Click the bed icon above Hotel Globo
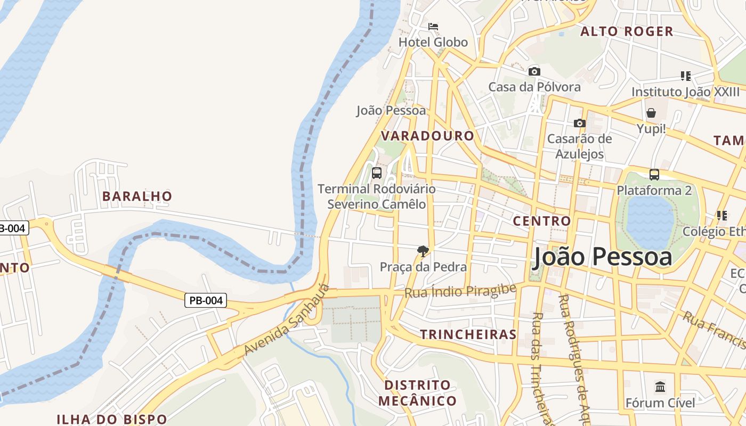[x=433, y=26]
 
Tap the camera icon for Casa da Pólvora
[x=534, y=71]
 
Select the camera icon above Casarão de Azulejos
[x=579, y=124]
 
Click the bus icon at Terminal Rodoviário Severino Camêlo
[x=376, y=173]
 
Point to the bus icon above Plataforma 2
[x=654, y=174]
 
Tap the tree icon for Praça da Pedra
[x=423, y=251]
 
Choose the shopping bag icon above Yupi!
[x=651, y=113]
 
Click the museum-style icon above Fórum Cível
[x=660, y=387]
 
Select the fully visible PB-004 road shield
[x=206, y=300]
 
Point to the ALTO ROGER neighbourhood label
[x=627, y=31]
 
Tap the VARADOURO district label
[x=427, y=136]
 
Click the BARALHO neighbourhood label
[x=137, y=196]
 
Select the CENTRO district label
[x=541, y=220]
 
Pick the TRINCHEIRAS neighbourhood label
[x=468, y=334]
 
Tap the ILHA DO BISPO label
[x=104, y=419]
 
